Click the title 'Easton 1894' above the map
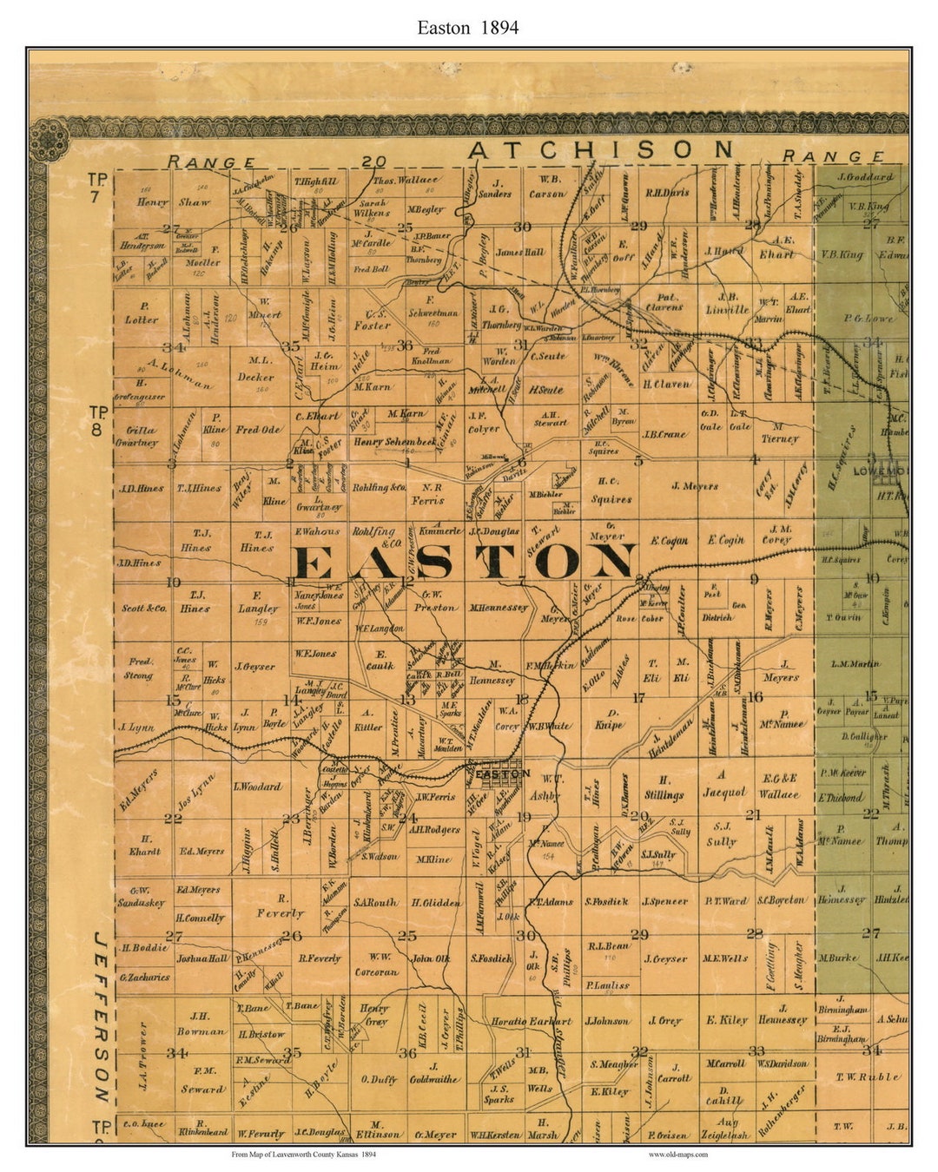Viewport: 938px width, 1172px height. (x=467, y=28)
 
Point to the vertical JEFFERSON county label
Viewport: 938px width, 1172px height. (x=102, y=1017)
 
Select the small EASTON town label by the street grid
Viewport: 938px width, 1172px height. (x=504, y=773)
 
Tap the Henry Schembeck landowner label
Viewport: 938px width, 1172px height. (x=394, y=442)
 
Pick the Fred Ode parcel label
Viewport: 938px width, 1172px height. (x=259, y=430)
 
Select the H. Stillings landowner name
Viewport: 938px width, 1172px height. (x=664, y=787)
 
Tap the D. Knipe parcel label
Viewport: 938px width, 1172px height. (x=608, y=719)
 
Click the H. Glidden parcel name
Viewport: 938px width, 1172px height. (x=436, y=903)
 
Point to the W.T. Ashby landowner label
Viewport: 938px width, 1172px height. (x=545, y=787)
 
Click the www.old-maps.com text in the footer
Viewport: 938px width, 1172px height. (x=677, y=1155)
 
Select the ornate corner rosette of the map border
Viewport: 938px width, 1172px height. (x=50, y=138)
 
